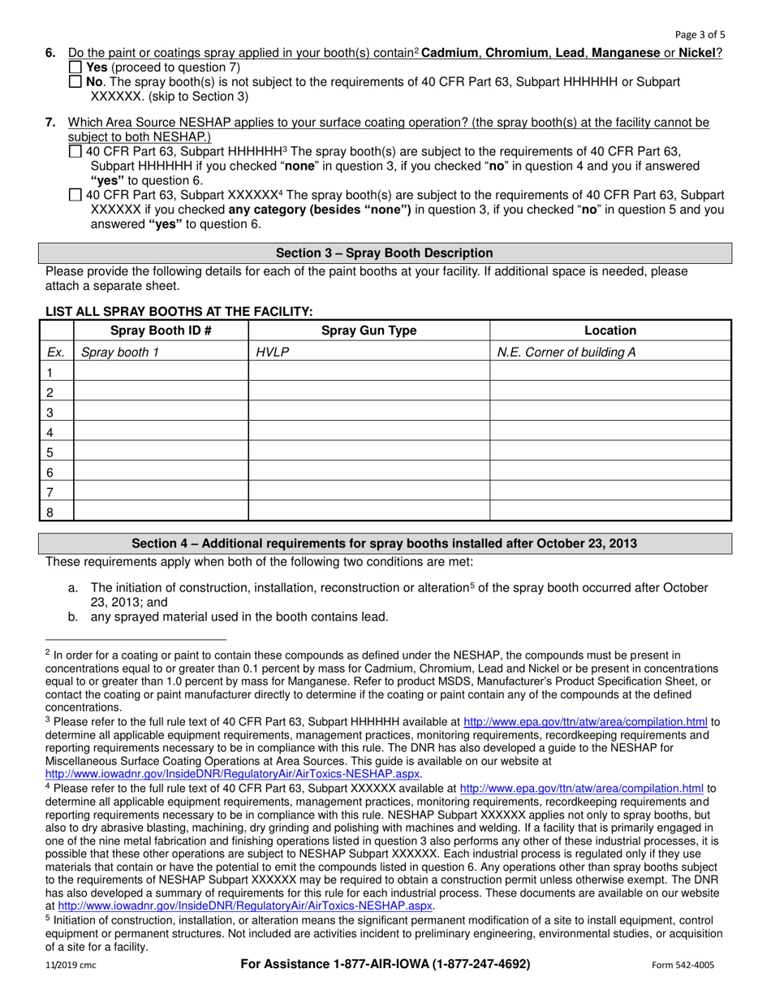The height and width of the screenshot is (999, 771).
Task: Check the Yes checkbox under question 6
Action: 75,67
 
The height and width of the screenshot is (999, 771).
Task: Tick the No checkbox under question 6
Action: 75,82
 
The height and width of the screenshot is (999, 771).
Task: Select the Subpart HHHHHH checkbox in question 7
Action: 75,152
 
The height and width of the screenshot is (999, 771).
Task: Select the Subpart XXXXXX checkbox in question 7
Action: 75,195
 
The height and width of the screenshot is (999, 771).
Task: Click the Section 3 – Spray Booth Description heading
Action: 385,253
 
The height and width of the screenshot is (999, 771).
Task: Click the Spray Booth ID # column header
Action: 161,331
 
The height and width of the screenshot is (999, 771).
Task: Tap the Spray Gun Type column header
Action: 368,331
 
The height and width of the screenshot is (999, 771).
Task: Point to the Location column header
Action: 610,331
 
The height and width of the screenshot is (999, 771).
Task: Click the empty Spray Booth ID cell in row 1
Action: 161,372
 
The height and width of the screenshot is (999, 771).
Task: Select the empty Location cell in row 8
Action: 610,511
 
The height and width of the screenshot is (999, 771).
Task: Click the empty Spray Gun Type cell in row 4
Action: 368,431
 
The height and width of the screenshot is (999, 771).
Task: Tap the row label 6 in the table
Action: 50,472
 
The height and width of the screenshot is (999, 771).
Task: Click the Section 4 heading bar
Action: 385,543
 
